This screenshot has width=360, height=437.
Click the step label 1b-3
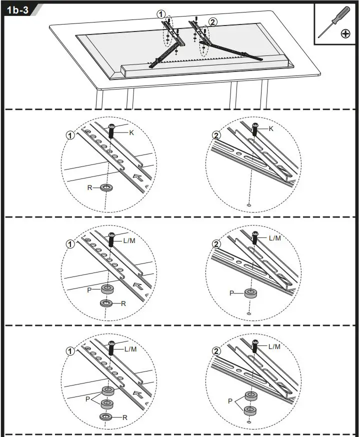pos(17,10)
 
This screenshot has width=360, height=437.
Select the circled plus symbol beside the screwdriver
pos(345,33)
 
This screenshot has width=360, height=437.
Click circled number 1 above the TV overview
pos(161,15)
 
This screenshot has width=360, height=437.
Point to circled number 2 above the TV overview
pos(213,21)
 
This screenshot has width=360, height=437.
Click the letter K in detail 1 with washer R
pos(131,132)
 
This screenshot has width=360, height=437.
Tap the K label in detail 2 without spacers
pos(271,128)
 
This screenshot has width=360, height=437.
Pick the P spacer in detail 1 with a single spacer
pos(106,289)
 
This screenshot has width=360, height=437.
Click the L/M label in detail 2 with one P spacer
pos(274,238)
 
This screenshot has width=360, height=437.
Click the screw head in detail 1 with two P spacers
pos(112,343)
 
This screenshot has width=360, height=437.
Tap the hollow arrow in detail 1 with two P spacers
pos(139,394)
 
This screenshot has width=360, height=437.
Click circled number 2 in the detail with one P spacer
pos(216,244)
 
